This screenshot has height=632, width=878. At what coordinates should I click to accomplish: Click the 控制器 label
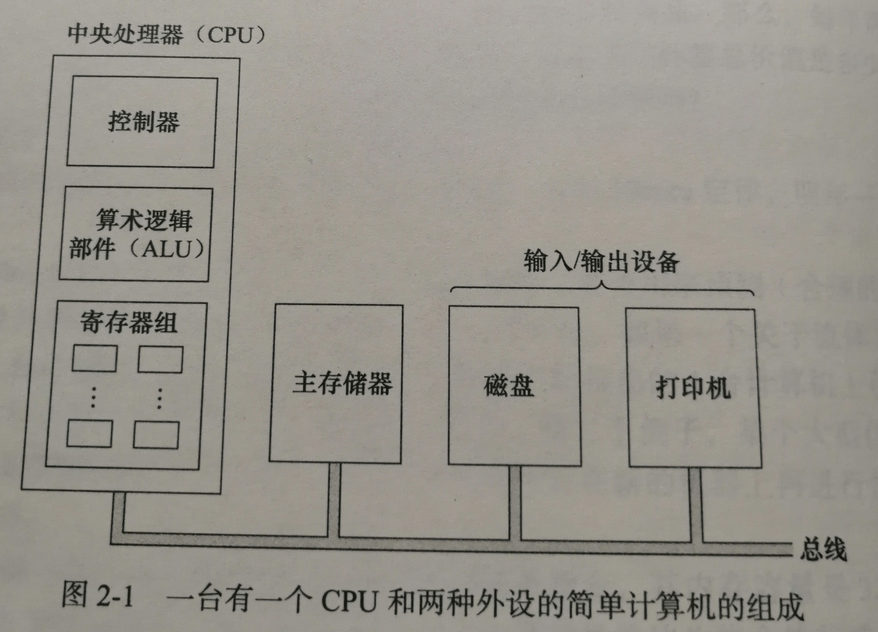tap(143, 122)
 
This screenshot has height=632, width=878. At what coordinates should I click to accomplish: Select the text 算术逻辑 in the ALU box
tap(144, 220)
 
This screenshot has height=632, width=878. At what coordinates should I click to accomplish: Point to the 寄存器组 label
tap(129, 322)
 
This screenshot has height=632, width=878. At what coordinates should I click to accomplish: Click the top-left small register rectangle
tap(94, 358)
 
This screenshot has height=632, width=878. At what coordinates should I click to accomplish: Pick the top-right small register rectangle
tap(160, 359)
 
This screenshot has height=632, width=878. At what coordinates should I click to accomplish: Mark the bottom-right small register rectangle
tap(156, 435)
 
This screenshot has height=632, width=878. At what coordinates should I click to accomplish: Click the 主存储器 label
tap(342, 383)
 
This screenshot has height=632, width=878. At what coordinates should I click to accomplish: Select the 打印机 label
tap(692, 388)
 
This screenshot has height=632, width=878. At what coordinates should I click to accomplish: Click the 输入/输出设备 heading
tap(601, 262)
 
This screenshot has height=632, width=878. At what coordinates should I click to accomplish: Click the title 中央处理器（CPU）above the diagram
tap(167, 35)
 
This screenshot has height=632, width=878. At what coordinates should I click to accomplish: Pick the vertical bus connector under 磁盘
tap(515, 502)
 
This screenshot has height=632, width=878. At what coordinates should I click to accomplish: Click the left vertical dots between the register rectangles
tap(93, 397)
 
